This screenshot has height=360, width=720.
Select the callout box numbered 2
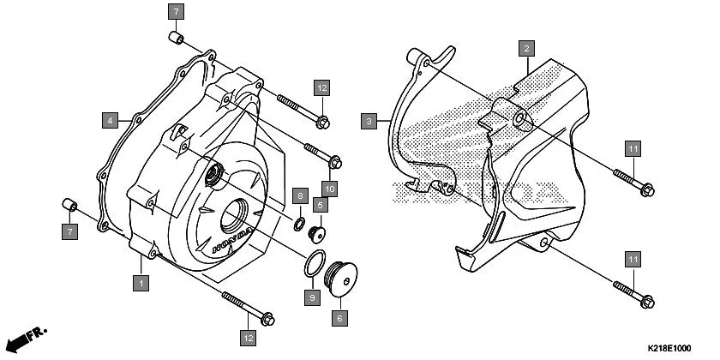coord(527,49)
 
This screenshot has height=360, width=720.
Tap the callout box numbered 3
coord(368,122)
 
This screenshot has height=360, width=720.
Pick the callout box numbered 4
coord(111,120)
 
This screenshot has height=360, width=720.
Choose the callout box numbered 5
coord(319,205)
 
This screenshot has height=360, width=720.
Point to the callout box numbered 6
coord(339,317)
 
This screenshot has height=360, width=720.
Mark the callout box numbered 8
coord(299,196)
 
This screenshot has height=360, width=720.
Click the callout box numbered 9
coord(313,297)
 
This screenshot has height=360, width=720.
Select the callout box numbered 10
coord(332,187)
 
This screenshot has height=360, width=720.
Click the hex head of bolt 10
coord(336,161)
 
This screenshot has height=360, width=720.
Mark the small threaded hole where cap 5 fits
coord(212,176)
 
